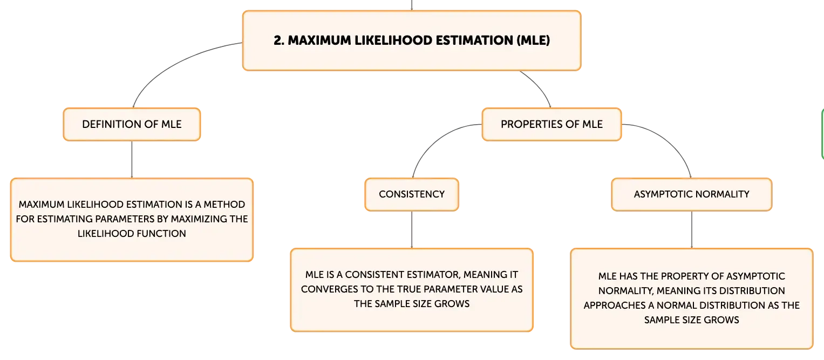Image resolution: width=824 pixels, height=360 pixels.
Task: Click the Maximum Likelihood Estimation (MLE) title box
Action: click(412, 40)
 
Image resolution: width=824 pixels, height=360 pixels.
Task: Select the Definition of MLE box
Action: click(132, 125)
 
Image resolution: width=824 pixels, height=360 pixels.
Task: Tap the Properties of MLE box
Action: click(551, 125)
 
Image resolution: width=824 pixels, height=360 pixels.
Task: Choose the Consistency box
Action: click(412, 194)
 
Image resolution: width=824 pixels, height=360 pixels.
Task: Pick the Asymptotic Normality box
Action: click(692, 194)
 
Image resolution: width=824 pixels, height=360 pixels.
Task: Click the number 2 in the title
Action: click(279, 40)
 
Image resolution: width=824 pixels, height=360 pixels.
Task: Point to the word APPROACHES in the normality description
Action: click(614, 305)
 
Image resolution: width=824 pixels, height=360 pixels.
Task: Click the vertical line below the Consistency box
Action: click(412, 230)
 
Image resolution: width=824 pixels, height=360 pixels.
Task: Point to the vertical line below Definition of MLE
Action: click(132, 159)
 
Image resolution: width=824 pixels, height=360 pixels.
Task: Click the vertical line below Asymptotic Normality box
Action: click(692, 230)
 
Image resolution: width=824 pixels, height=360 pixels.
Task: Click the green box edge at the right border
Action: click(822, 134)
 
